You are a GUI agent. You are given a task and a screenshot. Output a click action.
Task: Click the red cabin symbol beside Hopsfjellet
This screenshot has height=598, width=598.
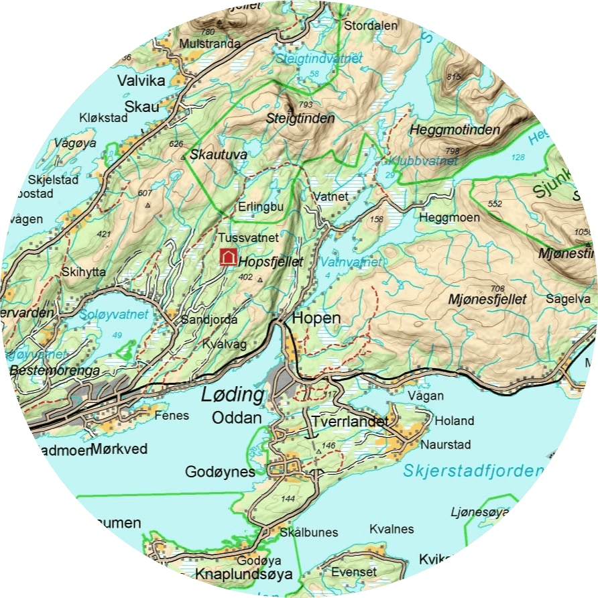pos(229,256)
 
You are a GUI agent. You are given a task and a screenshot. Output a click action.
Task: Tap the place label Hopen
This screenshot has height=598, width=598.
pos(317,318)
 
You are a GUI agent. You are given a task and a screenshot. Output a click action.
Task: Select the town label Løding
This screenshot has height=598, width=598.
pos(233,395)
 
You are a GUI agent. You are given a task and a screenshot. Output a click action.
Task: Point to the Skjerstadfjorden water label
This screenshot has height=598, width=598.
pos(472,471)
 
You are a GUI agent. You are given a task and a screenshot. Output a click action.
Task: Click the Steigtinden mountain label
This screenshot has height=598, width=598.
pos(300,119)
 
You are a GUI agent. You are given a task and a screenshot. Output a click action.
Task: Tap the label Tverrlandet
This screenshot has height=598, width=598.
pos(349,422)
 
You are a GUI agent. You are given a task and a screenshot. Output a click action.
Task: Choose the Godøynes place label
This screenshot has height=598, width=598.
pos(220,472)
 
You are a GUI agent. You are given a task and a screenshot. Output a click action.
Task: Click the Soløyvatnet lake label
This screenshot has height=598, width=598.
pos(113,314)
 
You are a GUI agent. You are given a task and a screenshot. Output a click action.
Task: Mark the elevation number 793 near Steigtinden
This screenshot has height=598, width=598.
pos(306,105)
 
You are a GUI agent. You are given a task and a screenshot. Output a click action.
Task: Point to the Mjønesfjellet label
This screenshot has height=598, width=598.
pos(487,299)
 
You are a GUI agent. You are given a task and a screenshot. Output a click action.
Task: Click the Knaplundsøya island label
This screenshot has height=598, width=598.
pos(244,575)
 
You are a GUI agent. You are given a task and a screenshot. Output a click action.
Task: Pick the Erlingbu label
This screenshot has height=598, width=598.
pos(261,207)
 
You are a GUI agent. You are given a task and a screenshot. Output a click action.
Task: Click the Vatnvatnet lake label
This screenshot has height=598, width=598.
pos(351,262)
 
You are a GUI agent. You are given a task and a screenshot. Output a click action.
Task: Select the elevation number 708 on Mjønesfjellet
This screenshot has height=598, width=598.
pos(497,288)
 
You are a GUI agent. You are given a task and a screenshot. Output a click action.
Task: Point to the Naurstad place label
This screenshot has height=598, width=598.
pos(446,444)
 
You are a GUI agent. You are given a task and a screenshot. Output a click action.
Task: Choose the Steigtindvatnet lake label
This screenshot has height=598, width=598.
pos(319,59)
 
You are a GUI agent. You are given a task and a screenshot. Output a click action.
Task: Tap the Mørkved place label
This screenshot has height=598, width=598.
pos(119,449)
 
